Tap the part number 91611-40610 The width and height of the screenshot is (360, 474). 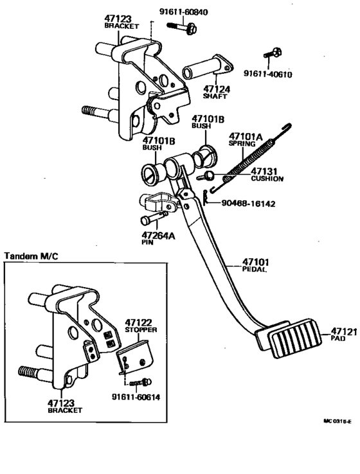tap(267, 74)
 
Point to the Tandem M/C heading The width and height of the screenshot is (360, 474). tap(32, 256)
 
